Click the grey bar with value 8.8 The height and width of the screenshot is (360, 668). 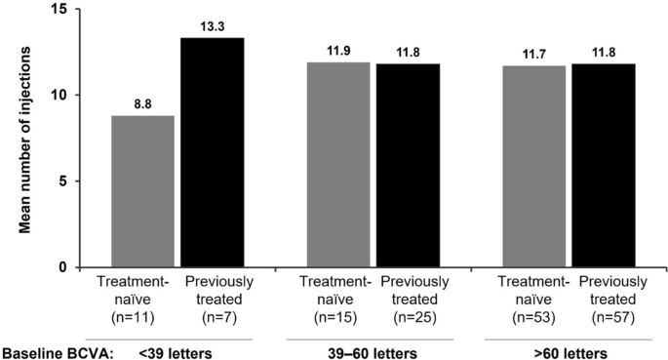tap(142, 191)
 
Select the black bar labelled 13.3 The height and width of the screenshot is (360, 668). tap(212, 152)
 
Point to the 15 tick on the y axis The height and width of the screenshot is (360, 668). tap(59, 10)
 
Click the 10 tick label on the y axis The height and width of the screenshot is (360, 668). tap(59, 96)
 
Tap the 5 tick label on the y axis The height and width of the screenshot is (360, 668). tap(63, 181)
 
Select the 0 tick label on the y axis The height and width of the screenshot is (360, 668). tap(63, 267)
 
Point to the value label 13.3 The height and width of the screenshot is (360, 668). tap(212, 28)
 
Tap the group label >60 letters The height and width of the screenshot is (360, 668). tap(568, 350)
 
